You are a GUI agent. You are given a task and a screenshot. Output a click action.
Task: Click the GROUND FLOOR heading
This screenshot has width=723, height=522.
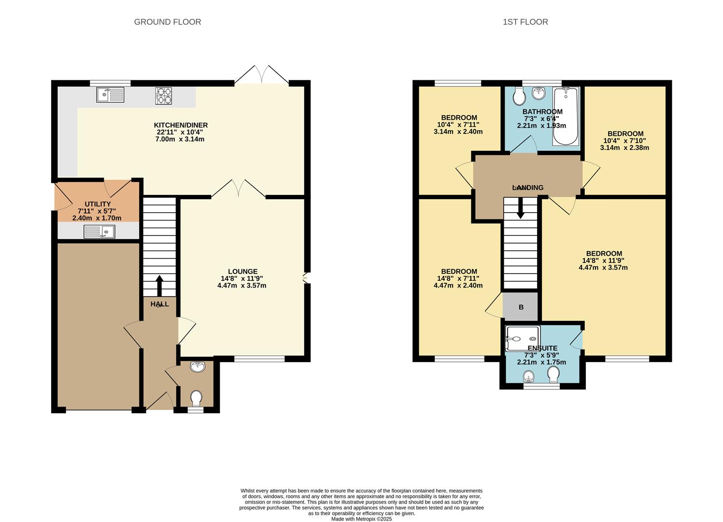pos(168,22)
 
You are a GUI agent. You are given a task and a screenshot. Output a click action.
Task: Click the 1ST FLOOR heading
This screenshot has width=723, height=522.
pos(525,22)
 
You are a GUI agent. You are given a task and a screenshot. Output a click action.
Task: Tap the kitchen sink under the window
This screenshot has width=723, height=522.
pos(111,95)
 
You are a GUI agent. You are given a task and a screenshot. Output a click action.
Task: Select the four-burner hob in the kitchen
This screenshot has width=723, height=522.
pos(163,96)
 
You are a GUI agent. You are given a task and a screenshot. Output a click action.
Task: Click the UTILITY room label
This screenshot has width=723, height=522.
pos(98,204)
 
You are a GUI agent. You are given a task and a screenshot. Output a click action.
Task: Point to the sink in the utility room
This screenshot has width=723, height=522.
pos(99,232)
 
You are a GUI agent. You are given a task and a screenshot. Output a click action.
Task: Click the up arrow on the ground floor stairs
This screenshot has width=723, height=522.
pos(159,286)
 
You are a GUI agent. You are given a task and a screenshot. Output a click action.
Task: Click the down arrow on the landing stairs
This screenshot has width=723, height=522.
pos(520,208)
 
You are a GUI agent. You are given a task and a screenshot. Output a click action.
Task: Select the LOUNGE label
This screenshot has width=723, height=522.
pos(243,272)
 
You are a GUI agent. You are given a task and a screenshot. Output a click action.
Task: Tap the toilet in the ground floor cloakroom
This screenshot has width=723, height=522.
pos(196,398)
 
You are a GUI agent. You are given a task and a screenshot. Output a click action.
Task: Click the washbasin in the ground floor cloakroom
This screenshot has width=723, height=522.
pos(198,367)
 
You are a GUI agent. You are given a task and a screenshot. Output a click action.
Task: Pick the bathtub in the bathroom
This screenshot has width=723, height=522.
pos(566,116)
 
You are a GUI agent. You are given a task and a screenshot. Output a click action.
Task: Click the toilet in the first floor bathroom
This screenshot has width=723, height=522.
pos(519,96)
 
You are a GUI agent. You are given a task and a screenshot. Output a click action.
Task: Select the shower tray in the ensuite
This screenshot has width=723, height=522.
pos(523,338)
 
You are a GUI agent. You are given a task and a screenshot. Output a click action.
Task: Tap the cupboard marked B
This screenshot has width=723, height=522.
pos(521,307)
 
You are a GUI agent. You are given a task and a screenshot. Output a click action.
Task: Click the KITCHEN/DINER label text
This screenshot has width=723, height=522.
pos(181,125)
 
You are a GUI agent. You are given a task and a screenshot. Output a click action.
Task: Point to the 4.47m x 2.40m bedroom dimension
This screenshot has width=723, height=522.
pos(458,286)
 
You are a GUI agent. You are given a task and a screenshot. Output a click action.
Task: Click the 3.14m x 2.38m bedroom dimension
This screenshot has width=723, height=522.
pos(624,148)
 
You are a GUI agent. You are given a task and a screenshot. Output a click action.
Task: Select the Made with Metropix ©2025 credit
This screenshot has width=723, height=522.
pos(361,519)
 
